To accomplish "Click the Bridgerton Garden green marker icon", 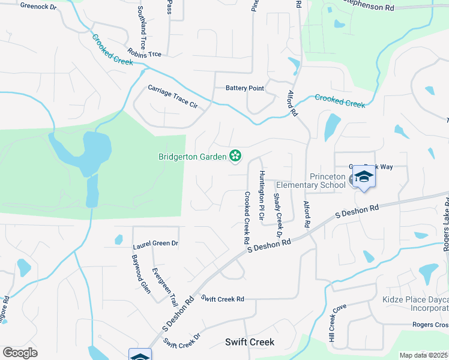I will coord(235,157).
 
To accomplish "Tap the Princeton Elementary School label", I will coord(329,181).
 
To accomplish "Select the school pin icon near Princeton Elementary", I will coord(363,176).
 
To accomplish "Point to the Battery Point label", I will coord(245,88).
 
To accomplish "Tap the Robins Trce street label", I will coord(144,53).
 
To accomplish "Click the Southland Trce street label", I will coord(142,28).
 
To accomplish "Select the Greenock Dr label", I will coord(38,6).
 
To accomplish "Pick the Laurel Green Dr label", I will coord(155,244).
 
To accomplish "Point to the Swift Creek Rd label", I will coord(223,298).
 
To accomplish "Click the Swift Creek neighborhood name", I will coord(250,342).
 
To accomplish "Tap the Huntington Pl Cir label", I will coord(261,194).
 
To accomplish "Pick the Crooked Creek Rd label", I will coord(246,217).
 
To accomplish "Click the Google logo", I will coord(20,352).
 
